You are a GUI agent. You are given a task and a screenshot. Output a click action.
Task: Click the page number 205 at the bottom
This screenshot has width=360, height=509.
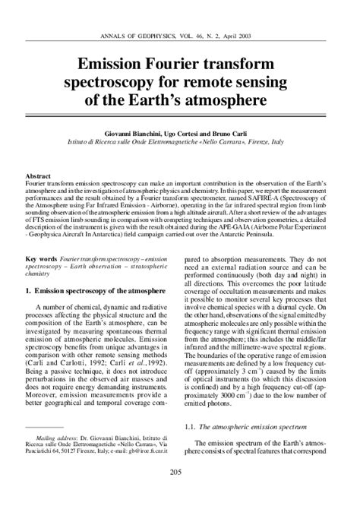pyautogui.click(x=180, y=494)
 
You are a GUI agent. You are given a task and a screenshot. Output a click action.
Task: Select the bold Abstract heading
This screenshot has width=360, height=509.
pyautogui.click(x=39, y=175)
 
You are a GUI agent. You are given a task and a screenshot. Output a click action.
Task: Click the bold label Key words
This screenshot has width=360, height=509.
pyautogui.click(x=39, y=260)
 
